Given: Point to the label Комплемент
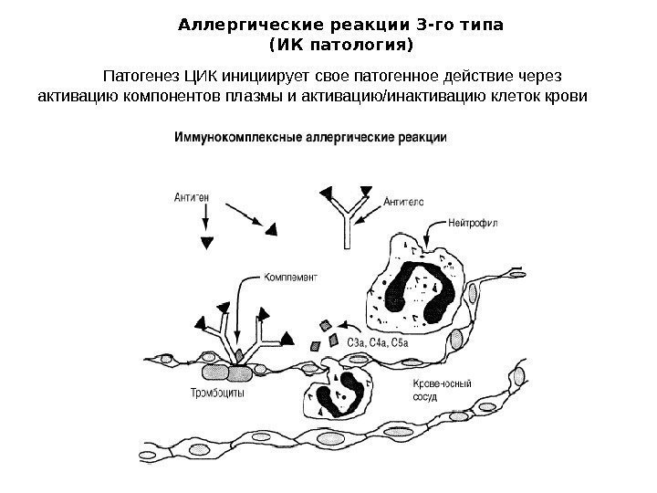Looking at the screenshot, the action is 290,273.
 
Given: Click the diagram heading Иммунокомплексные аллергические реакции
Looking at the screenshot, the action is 310,138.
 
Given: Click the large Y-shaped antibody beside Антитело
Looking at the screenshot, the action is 347,220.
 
